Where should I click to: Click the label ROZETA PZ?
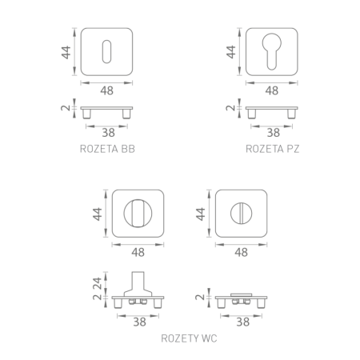pos(273,149)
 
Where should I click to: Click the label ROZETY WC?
pos(189,339)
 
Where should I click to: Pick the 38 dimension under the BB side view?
pos(106,133)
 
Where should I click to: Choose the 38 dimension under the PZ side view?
pos(273,133)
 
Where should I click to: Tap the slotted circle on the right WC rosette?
pos(242,214)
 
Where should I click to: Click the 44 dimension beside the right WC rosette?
pos(201,215)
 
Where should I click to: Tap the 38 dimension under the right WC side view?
pos(242,322)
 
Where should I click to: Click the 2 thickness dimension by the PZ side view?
pos(230,108)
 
